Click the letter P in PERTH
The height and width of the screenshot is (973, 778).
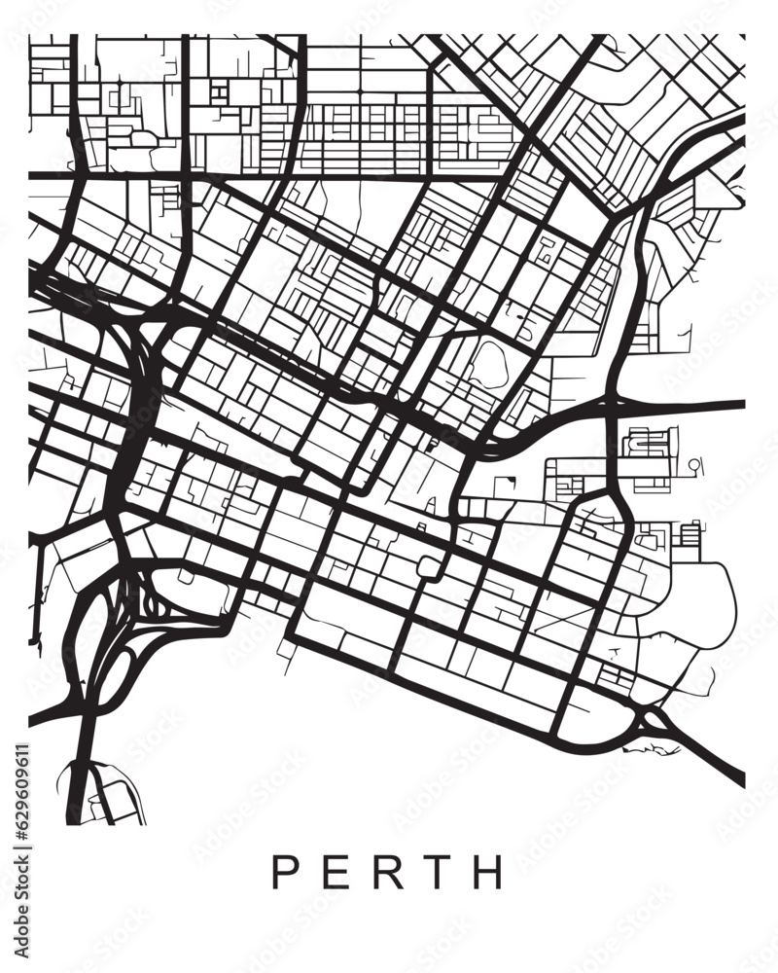[284, 872]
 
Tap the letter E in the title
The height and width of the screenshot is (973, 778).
[336, 872]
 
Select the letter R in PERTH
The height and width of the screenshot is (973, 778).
[390, 872]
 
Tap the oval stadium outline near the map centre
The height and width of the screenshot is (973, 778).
[488, 362]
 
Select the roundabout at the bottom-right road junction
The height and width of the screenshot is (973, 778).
[654, 723]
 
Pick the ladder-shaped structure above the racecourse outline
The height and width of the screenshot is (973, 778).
[690, 535]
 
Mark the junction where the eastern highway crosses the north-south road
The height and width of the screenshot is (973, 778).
[612, 403]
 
